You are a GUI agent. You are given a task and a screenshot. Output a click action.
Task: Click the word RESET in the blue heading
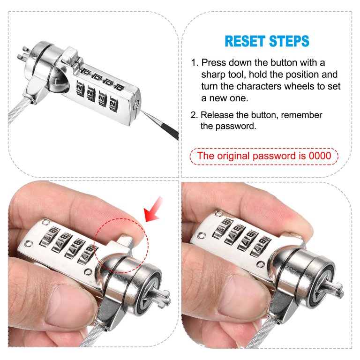tap(245, 41)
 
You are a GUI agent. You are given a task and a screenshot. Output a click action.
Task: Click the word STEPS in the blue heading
tap(289, 41)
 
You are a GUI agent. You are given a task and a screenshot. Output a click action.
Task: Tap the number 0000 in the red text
tap(320, 156)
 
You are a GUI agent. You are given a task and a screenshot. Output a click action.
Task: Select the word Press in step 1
tap(214, 62)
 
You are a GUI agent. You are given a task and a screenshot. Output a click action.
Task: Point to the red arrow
tap(153, 210)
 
